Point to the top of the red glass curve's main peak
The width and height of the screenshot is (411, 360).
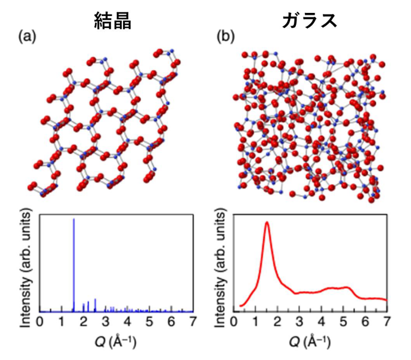(x=267, y=223)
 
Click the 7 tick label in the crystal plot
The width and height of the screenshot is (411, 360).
(x=193, y=321)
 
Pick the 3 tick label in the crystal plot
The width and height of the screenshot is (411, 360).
(x=105, y=321)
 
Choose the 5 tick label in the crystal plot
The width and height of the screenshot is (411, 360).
(x=149, y=321)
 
